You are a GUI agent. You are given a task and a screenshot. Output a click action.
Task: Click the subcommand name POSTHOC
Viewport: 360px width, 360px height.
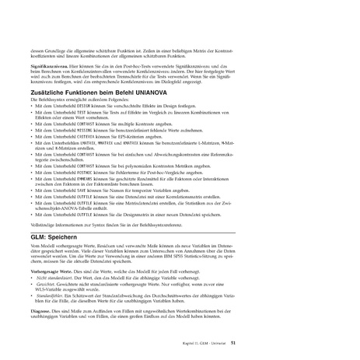pos(89,172)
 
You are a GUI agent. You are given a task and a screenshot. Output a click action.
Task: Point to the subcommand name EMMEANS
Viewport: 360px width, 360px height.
pos(89,178)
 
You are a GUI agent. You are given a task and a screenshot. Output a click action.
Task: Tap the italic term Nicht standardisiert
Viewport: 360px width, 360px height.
pos(51,276)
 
